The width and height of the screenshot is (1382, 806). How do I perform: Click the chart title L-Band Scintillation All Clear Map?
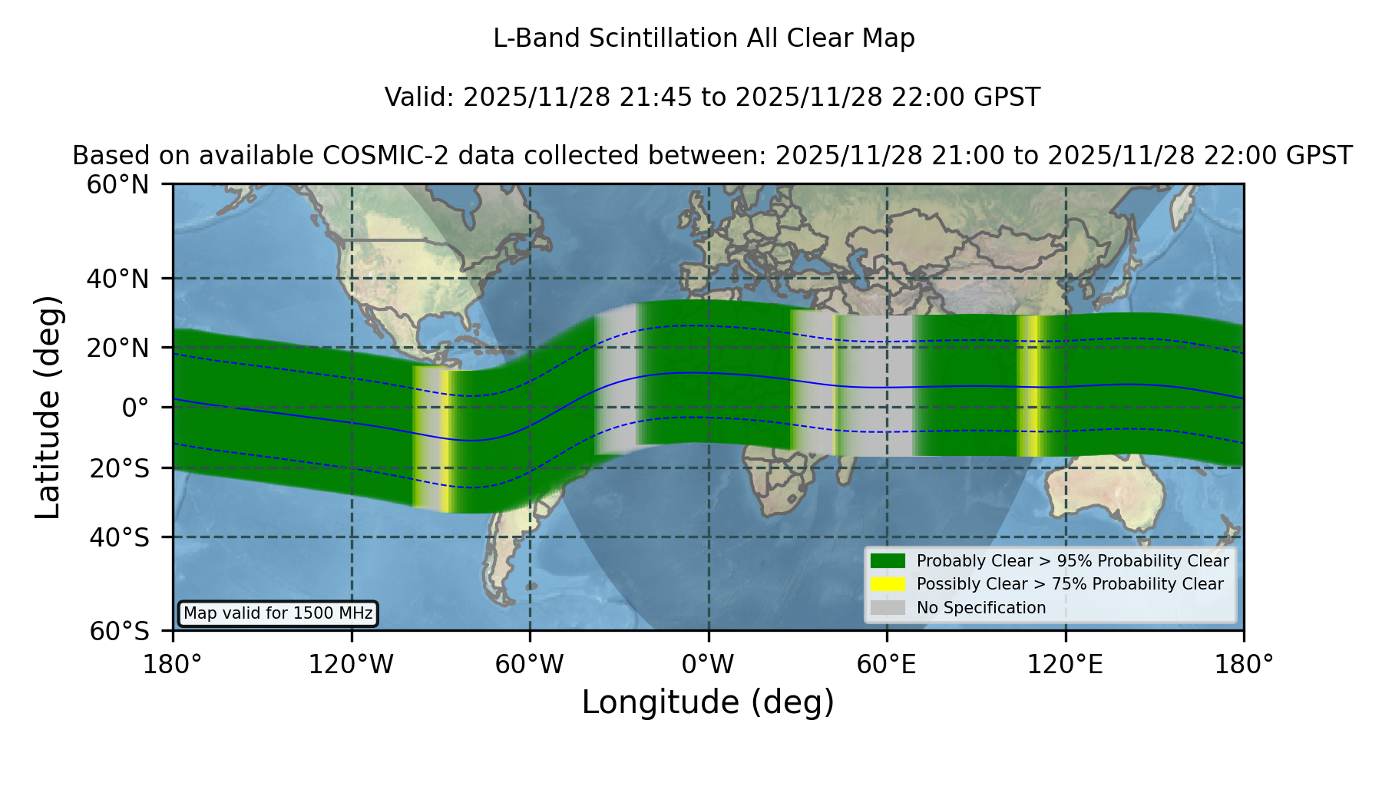click(704, 38)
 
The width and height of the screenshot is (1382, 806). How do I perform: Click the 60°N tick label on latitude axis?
click(117, 185)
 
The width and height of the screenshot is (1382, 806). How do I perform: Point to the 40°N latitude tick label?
click(117, 279)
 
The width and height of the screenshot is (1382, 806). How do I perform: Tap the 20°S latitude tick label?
click(119, 468)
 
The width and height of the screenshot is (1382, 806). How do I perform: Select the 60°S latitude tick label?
click(119, 631)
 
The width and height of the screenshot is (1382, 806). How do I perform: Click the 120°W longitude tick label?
click(351, 664)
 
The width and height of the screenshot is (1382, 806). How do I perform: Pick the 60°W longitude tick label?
click(530, 664)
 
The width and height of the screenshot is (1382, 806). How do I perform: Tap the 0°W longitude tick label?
click(709, 664)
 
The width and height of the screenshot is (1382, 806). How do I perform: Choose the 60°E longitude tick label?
click(887, 664)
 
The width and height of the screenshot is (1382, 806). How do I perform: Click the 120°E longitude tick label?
click(1066, 664)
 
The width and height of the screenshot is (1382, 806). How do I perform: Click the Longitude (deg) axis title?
click(708, 702)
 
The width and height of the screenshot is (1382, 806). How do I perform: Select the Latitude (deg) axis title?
click(48, 407)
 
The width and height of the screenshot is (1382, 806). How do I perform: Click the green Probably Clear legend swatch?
click(888, 561)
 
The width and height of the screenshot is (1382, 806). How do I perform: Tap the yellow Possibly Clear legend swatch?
click(888, 584)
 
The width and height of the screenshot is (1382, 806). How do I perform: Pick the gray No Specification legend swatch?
click(888, 608)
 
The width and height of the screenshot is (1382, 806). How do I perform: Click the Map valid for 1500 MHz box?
click(278, 613)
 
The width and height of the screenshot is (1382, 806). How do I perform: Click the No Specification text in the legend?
click(981, 608)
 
